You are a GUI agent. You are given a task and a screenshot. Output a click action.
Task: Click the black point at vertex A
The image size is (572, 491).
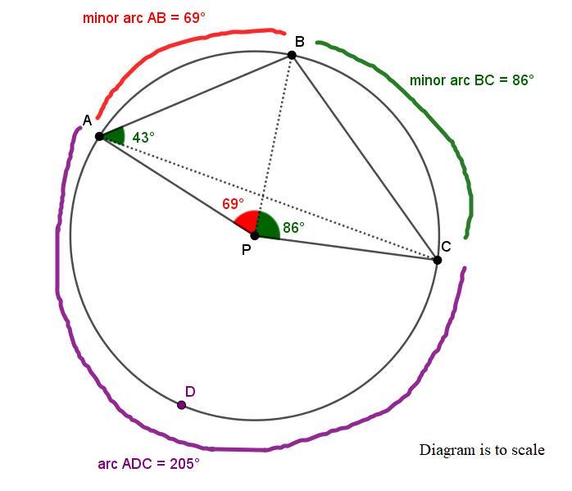click(99, 136)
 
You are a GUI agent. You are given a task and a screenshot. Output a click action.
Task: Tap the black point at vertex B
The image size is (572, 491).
click(292, 55)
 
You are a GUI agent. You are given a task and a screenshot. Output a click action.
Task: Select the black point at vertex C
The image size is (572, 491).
click(437, 260)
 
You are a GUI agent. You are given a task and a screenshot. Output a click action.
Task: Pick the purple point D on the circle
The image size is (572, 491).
click(181, 405)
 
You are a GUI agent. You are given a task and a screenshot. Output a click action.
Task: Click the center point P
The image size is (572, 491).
click(254, 235)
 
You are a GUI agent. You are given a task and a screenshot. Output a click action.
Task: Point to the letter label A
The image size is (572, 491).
click(87, 121)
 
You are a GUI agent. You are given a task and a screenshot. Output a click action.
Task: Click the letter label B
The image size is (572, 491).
click(299, 42)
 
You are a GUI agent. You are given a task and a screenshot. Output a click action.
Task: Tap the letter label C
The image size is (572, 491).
click(446, 247)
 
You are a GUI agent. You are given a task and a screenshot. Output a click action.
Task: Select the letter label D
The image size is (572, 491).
click(190, 392)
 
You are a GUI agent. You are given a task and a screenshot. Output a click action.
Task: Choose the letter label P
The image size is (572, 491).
click(246, 250)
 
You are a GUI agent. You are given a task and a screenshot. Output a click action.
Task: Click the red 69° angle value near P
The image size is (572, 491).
click(233, 204)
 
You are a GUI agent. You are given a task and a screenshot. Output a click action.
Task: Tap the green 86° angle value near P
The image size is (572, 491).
click(293, 228)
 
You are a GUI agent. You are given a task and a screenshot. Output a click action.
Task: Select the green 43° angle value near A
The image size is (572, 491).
click(143, 138)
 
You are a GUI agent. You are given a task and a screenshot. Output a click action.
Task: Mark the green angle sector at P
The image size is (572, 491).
click(267, 225)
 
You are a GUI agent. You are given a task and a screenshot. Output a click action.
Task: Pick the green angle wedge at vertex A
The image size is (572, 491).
click(114, 136)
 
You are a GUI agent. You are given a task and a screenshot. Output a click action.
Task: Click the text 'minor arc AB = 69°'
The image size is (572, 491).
click(143, 17)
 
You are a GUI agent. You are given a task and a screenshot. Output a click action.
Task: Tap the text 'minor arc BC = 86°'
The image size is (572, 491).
click(471, 80)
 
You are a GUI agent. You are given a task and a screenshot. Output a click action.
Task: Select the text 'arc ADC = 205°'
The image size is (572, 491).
click(148, 464)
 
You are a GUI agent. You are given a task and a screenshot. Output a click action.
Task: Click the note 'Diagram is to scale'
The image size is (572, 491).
click(482, 450)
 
